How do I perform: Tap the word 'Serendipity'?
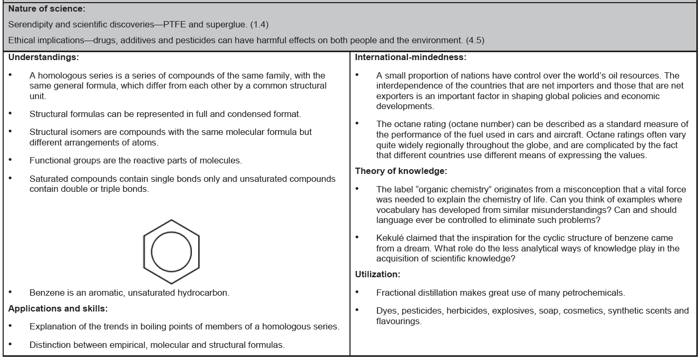click(24, 24)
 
